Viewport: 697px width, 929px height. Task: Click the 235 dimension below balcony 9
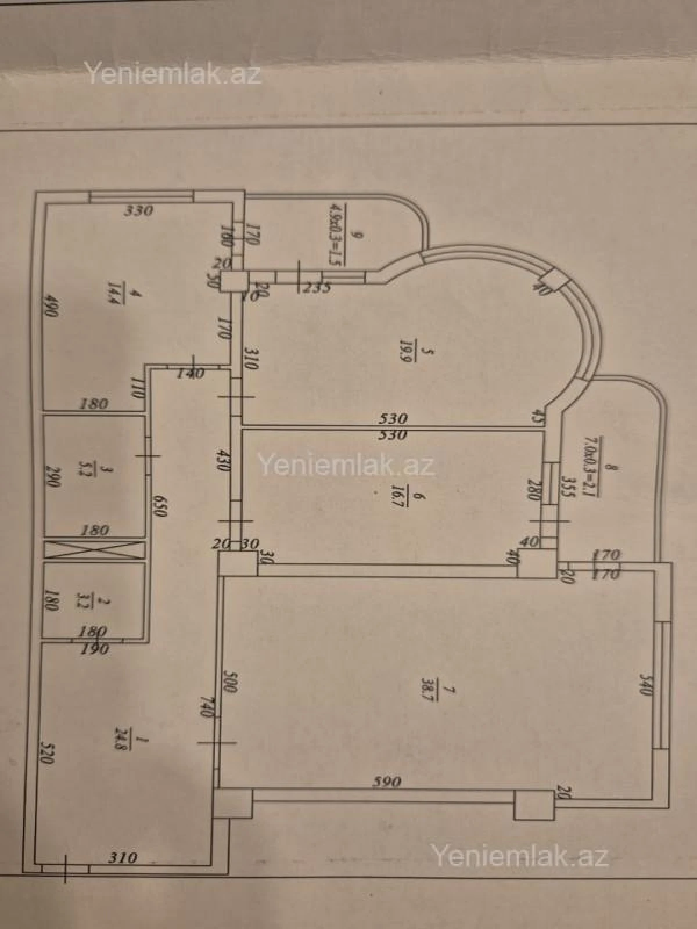click(x=316, y=287)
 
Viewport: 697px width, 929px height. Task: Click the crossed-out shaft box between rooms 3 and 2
click(x=94, y=549)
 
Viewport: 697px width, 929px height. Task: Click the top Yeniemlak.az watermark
click(x=173, y=74)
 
